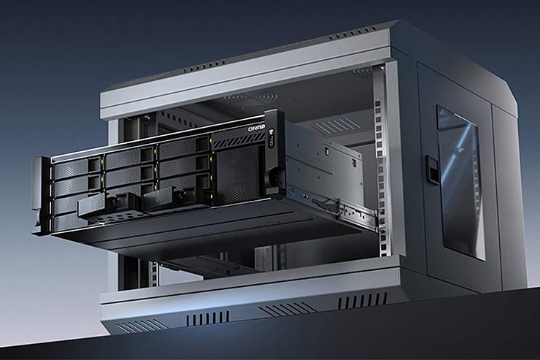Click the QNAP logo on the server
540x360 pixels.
click(x=258, y=129)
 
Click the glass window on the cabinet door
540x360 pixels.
click(x=460, y=183)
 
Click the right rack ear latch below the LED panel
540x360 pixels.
click(x=275, y=175)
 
